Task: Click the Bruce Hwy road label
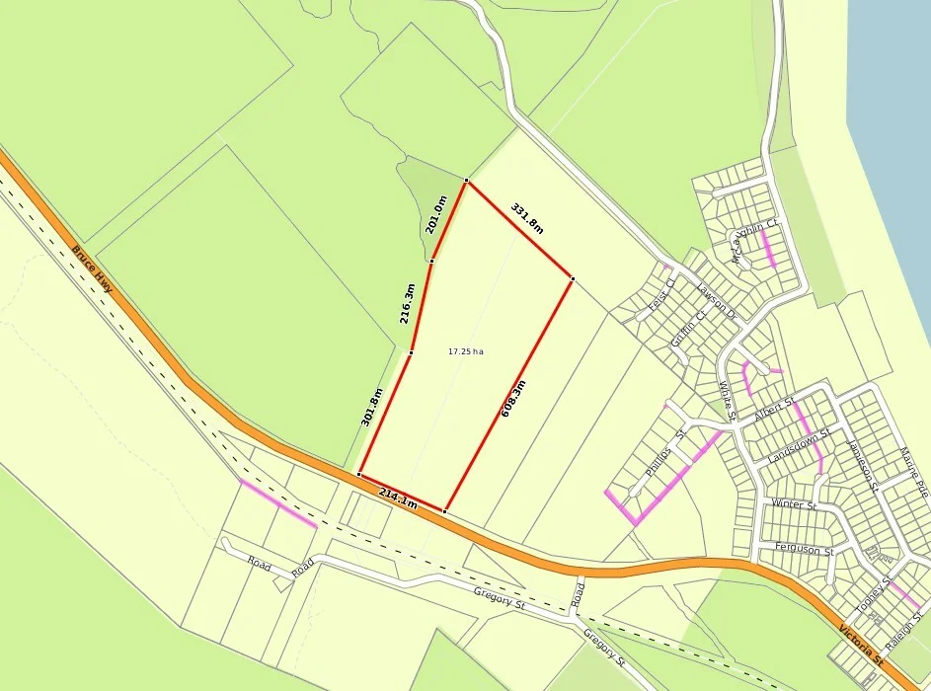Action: click(x=92, y=269)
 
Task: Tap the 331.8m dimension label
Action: click(x=527, y=217)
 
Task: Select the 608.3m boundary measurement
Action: click(x=513, y=399)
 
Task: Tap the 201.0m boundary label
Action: click(x=435, y=214)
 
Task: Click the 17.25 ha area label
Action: click(x=466, y=351)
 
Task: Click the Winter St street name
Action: click(x=794, y=504)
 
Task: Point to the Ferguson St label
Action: click(x=805, y=549)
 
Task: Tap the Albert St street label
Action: click(x=774, y=410)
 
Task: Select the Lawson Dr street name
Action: click(x=716, y=301)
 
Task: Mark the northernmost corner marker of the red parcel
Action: click(x=466, y=181)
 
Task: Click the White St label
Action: click(x=728, y=401)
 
